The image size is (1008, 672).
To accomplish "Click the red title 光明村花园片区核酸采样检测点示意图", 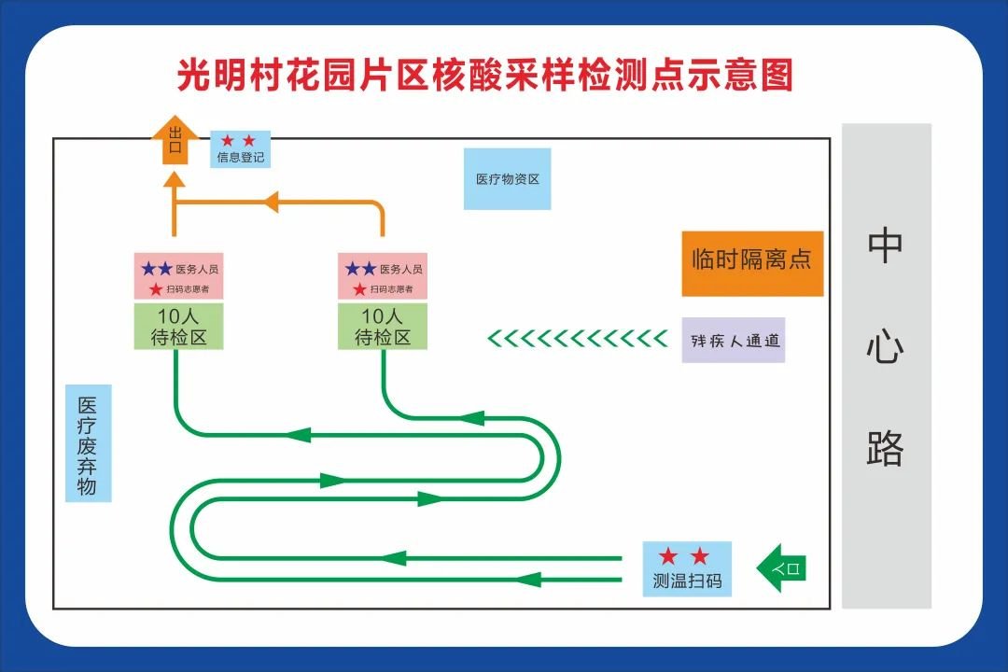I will coord(485,74).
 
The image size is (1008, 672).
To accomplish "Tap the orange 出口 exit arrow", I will coord(175,140).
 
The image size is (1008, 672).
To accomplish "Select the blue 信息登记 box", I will coord(241,148).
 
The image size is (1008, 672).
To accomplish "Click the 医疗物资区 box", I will coord(508,178).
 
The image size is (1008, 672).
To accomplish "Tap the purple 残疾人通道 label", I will coord(734,340).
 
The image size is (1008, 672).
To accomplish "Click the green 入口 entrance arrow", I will coord(780,567).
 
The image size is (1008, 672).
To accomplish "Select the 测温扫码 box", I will coord(687,569).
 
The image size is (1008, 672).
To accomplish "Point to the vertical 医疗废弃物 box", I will coord(88,443).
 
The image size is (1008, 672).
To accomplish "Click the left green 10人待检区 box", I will coord(179,326).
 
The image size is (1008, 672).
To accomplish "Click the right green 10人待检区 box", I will coord(383,326).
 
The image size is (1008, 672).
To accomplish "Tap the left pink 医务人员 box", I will coord(179,276).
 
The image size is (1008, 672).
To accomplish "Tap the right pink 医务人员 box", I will coord(383,276).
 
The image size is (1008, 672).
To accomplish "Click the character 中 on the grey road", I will coord(886,245).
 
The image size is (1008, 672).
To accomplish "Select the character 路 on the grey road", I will coord(886,448).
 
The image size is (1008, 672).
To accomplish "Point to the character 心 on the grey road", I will coord(886,348).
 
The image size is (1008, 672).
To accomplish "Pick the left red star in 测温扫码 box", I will coord(667,557).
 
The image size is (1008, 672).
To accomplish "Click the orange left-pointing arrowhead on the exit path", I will coord(270,201).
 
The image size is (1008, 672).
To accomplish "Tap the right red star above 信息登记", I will coord(249,141).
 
